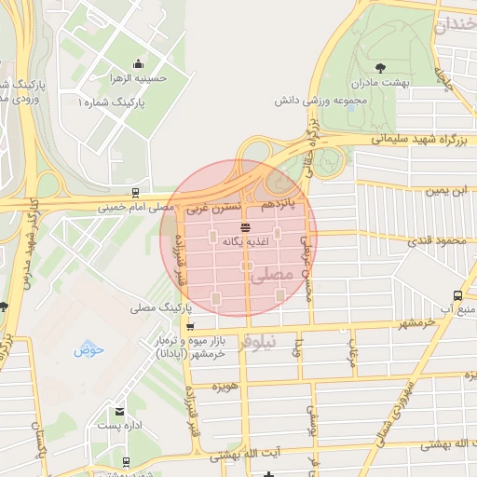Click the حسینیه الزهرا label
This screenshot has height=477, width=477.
pyautogui.click(x=138, y=79)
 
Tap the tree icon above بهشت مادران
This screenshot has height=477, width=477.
pyautogui.click(x=380, y=68)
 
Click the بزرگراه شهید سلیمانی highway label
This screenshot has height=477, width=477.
pyautogui.click(x=423, y=139)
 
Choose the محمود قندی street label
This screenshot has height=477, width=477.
pyautogui.click(x=436, y=240)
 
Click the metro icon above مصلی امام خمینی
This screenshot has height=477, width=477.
pyautogui.click(x=136, y=193)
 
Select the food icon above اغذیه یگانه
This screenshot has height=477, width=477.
pyautogui.click(x=245, y=226)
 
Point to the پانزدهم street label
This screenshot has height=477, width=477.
pyautogui.click(x=278, y=201)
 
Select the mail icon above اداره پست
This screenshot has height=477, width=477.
pyautogui.click(x=118, y=411)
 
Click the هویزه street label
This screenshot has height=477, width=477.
pyautogui.click(x=226, y=387)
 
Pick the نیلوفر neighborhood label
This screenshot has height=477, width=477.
pyautogui.click(x=258, y=342)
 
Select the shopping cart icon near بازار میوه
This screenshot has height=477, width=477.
pyautogui.click(x=190, y=327)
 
